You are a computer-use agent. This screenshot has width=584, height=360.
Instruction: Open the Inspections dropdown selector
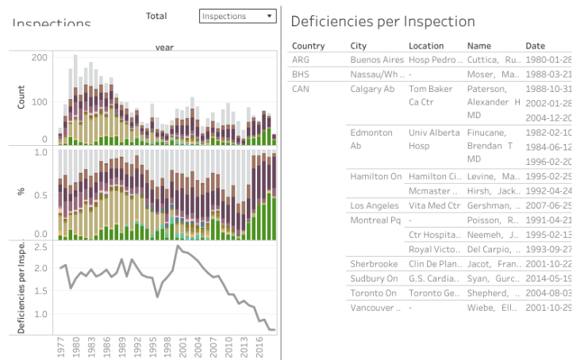coord(237,16)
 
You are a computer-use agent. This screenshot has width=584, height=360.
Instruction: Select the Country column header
coord(308,46)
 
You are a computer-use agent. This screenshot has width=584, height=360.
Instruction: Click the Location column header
coord(426,46)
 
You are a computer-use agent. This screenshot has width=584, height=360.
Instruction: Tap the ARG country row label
coord(301,59)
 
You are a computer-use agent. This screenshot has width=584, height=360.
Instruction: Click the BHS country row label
coord(301,74)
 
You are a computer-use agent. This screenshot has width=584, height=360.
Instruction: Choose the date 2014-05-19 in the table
coord(547,278)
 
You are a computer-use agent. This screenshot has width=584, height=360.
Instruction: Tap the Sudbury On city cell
coord(375,278)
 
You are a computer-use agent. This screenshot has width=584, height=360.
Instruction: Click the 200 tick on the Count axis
coord(39,58)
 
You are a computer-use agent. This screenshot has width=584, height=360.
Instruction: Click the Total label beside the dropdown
coord(156,16)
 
